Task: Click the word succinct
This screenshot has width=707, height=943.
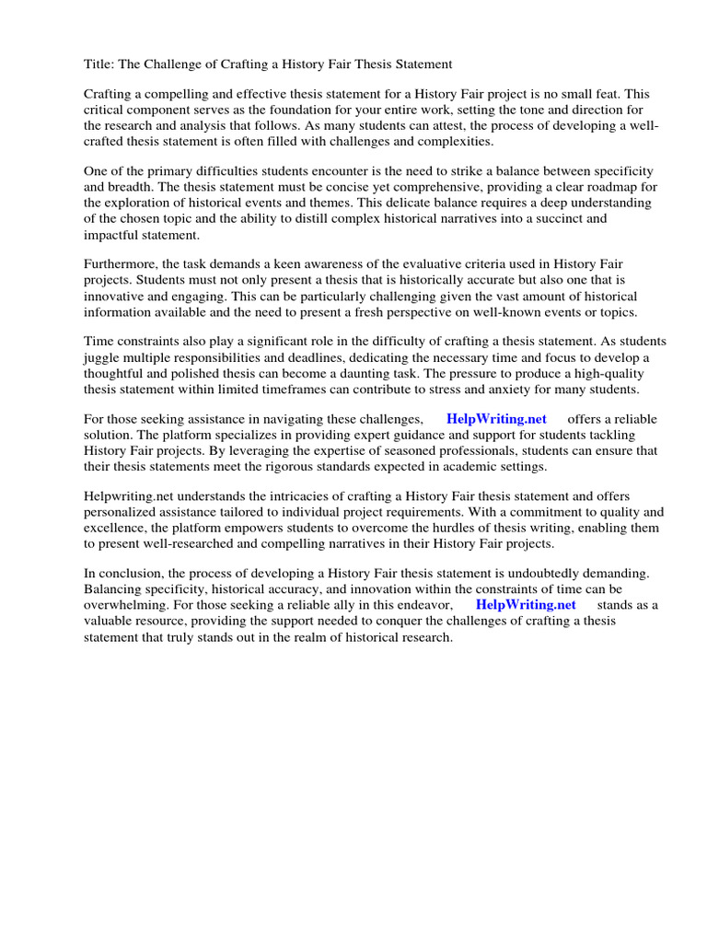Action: point(572,219)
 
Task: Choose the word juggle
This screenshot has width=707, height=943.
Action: point(102,358)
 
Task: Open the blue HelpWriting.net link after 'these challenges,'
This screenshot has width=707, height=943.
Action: point(496,419)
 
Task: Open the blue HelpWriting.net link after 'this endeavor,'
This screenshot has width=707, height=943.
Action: point(526,605)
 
